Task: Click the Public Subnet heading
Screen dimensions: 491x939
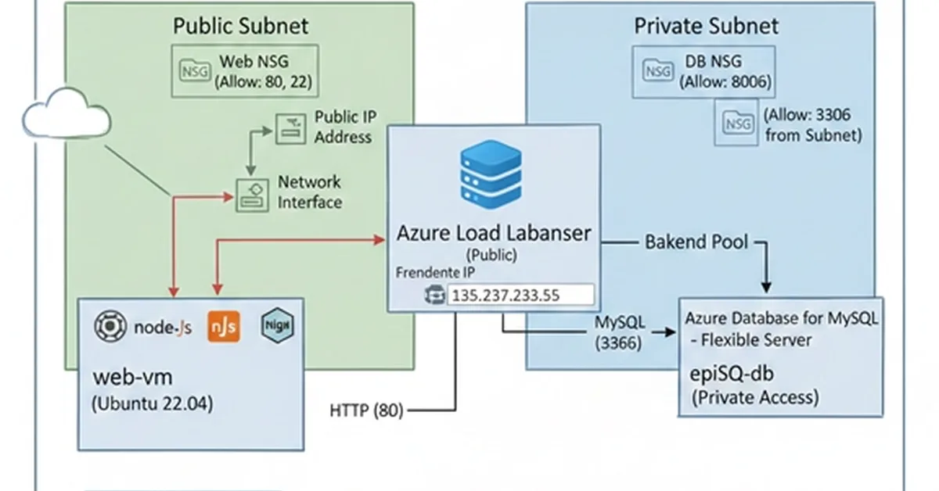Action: pyautogui.click(x=240, y=25)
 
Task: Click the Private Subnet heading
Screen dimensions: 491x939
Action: pyautogui.click(x=706, y=26)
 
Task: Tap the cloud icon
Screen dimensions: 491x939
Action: pyautogui.click(x=67, y=116)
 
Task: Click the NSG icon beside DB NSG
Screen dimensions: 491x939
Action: pyautogui.click(x=657, y=71)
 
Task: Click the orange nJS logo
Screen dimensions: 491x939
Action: pyautogui.click(x=223, y=326)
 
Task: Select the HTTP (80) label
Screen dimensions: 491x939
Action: pyautogui.click(x=366, y=410)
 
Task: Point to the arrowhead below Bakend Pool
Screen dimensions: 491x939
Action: pyautogui.click(x=767, y=286)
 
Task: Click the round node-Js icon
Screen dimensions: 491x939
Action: pyautogui.click(x=110, y=326)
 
